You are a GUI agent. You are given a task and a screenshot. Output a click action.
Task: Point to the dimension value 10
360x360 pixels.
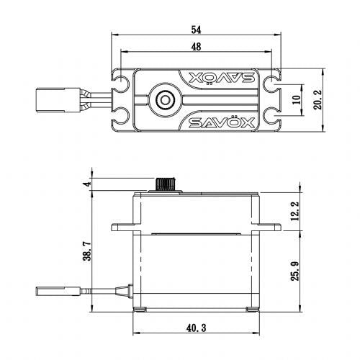pyautogui.click(x=297, y=100)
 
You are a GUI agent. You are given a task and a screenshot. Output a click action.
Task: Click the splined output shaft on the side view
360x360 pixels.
pyautogui.click(x=167, y=184)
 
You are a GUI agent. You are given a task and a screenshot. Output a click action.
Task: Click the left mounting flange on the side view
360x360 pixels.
pyautogui.click(x=122, y=229)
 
